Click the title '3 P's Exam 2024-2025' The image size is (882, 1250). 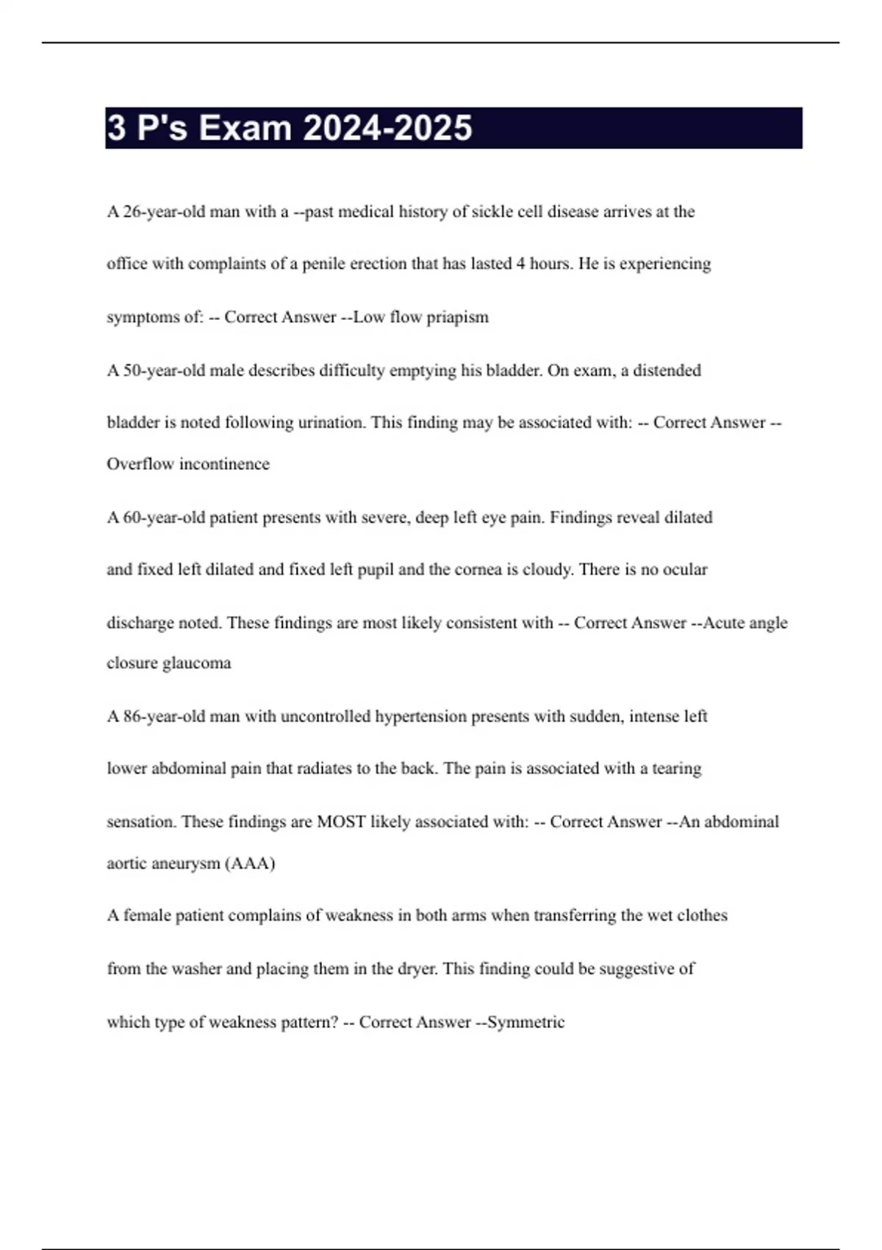[290, 128]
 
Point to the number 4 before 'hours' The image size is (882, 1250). [520, 264]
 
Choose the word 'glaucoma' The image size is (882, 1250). [196, 663]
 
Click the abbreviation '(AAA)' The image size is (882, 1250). [253, 863]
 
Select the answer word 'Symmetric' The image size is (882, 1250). [526, 1023]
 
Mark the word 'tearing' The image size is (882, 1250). [676, 769]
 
